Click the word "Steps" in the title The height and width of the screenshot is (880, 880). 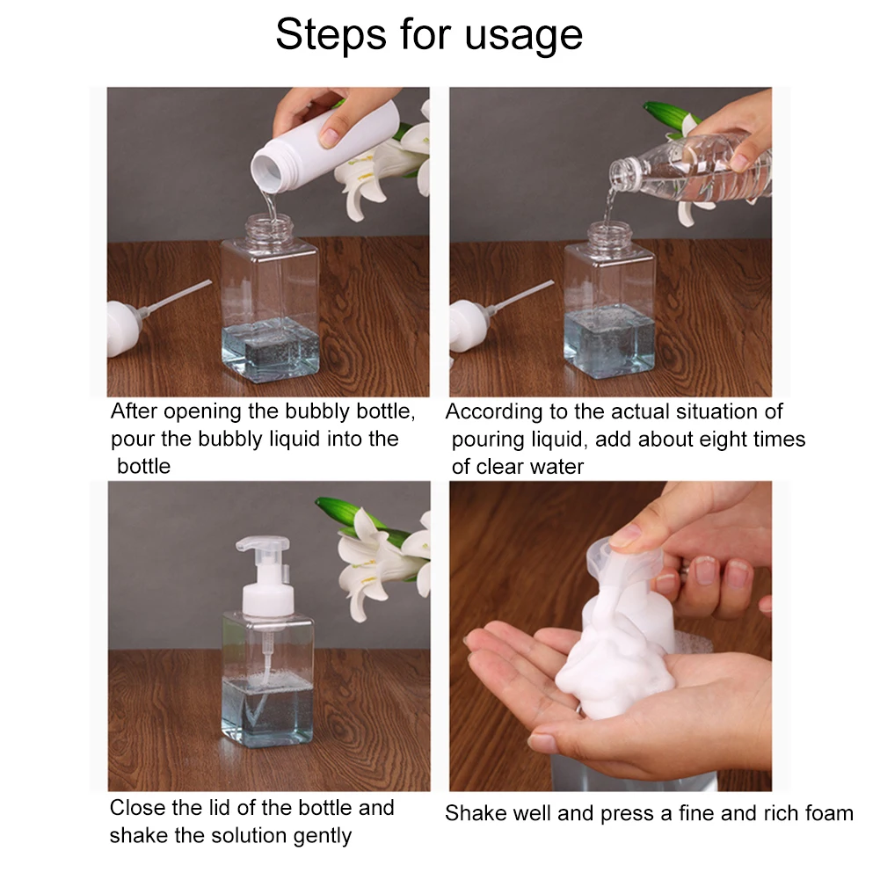[x=331, y=35]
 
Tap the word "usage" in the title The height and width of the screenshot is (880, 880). [x=524, y=36]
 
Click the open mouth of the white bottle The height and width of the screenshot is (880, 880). [x=266, y=170]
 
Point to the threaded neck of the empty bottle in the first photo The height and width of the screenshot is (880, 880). [x=269, y=226]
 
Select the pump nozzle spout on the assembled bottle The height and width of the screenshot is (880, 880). [x=261, y=544]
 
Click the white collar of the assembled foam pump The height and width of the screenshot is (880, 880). [x=268, y=600]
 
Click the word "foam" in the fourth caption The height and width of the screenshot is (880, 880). [x=829, y=812]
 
